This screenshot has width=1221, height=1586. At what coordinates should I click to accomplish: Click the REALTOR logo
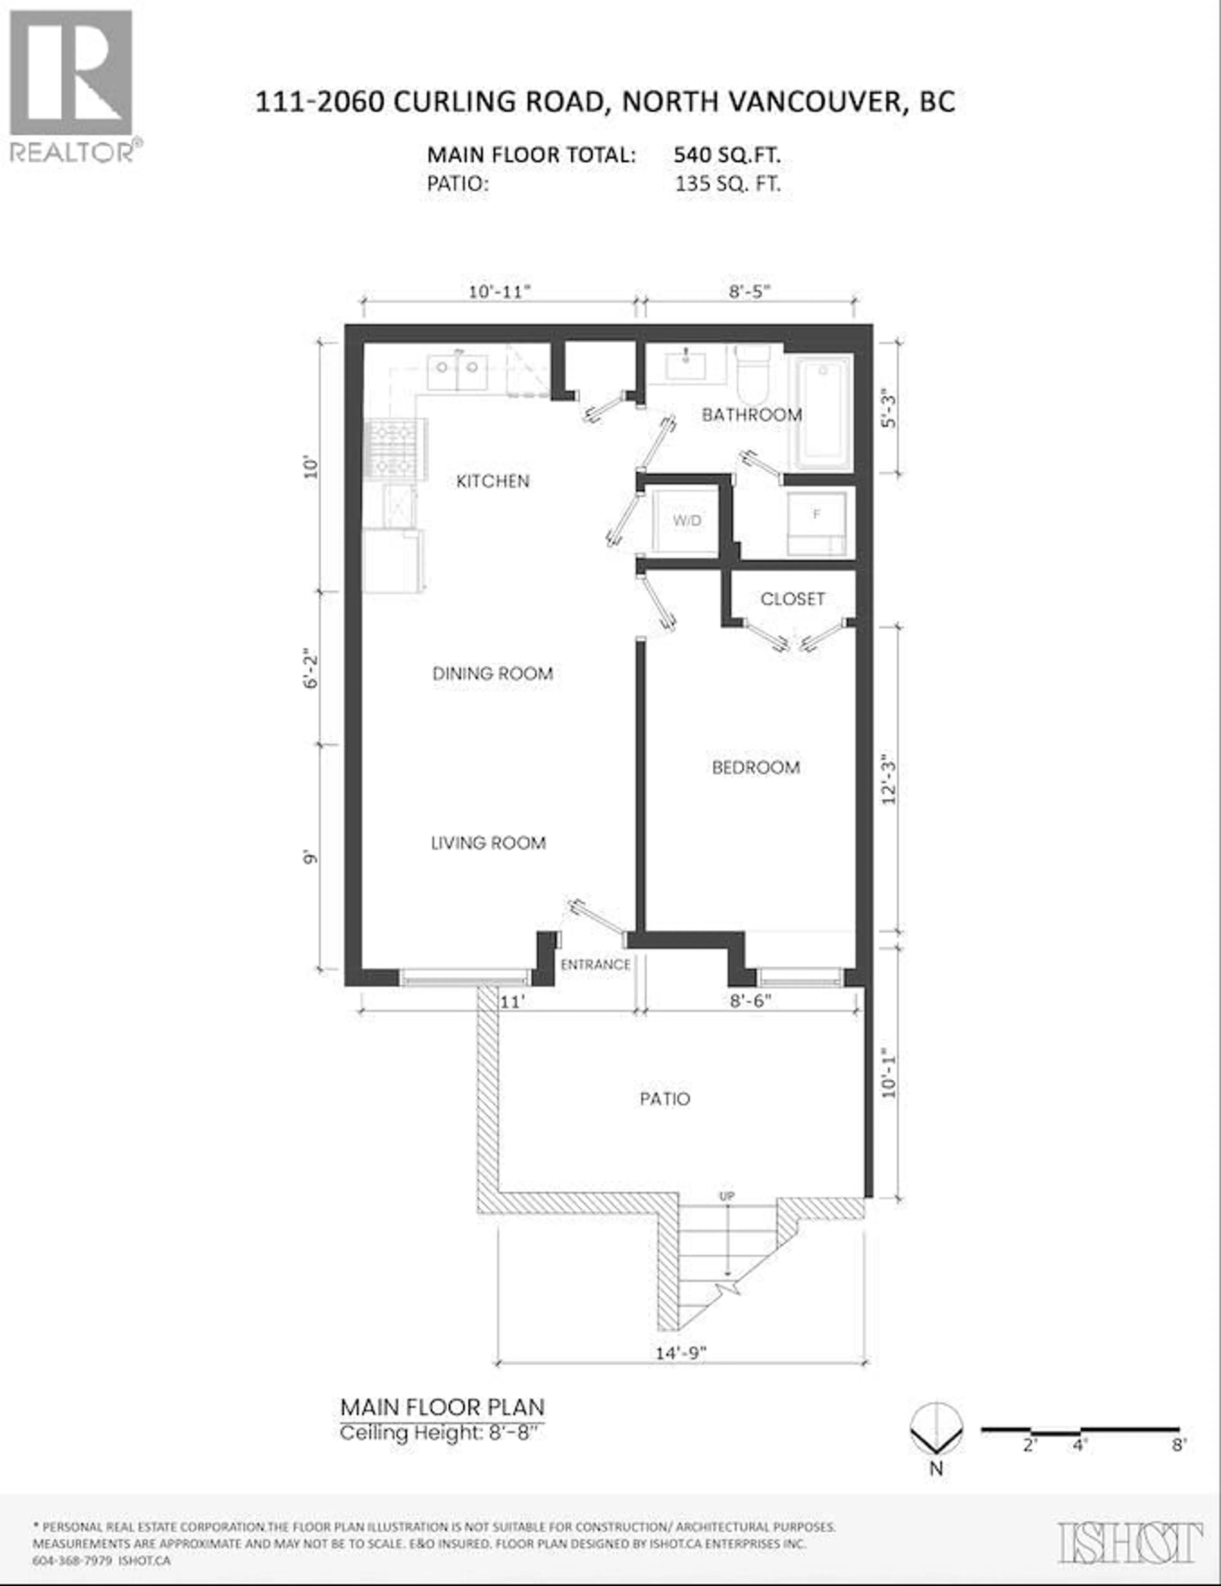coord(71,86)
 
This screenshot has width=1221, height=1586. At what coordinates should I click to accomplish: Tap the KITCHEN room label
coord(493,481)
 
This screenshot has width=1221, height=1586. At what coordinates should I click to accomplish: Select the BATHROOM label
coord(751,415)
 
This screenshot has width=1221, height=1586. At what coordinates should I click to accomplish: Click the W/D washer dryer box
coord(686,521)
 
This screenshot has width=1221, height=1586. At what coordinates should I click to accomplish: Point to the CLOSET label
coord(792,599)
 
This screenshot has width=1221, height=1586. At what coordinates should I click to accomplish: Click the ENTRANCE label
coord(595,964)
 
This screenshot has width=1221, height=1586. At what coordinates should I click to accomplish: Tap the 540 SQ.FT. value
coord(727,155)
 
